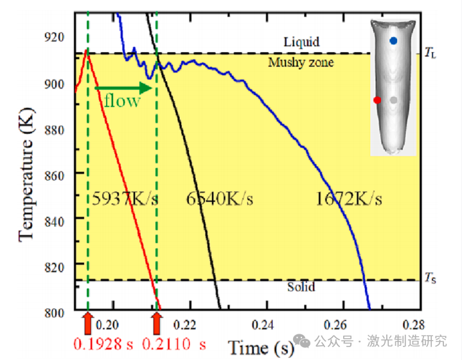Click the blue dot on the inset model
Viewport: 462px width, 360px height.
pos(393,41)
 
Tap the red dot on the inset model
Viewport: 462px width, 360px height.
pos(377,100)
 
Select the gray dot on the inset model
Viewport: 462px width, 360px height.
pos(394,100)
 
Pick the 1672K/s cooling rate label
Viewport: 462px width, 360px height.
pos(349,199)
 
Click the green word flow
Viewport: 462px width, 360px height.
pos(122,101)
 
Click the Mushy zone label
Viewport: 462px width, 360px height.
pos(301,63)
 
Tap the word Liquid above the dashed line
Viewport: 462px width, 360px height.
pos(301,42)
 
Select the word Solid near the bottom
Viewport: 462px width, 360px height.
pos(301,287)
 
